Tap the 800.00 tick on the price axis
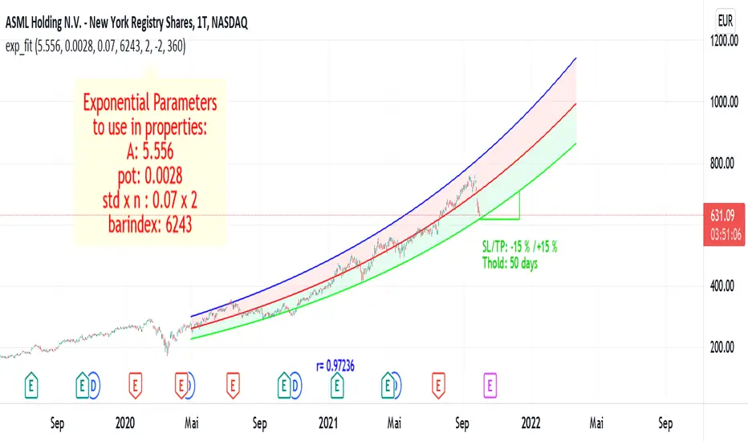click(726, 163)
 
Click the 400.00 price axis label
click(726, 285)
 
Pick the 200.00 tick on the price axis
click(726, 346)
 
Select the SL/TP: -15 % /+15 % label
click(514, 245)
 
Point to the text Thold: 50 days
click(506, 259)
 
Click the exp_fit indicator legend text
click(95, 47)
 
